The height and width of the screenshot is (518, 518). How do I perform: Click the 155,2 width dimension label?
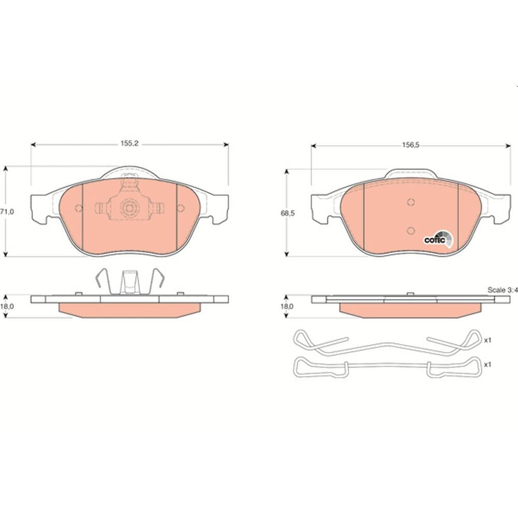129,143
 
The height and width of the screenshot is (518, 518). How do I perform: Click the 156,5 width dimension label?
410,146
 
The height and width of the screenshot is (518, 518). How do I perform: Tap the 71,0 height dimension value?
5,212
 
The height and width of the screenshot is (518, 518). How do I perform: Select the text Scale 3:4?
502,290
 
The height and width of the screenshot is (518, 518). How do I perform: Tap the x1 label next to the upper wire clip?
487,340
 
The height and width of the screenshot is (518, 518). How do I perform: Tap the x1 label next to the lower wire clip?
487,365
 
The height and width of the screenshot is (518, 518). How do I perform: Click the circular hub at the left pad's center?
129,208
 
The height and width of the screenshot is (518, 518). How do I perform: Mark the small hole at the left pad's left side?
79,208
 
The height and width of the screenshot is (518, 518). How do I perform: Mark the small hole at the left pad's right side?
180,208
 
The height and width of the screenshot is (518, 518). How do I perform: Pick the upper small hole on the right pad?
410,203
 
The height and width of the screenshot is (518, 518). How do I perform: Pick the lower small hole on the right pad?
410,231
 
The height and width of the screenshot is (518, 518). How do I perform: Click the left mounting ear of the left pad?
41,208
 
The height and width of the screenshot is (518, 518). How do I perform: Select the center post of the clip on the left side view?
129,282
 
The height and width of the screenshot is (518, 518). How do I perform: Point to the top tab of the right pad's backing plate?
410,173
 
